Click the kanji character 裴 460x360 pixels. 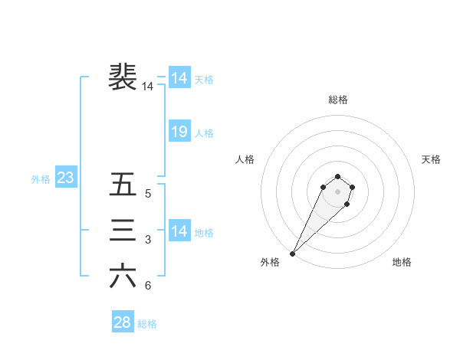(x=123, y=77)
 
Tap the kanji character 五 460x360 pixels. (x=123, y=185)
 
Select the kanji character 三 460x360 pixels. (x=123, y=231)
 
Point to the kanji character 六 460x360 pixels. (x=123, y=277)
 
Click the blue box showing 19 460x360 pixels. (x=179, y=132)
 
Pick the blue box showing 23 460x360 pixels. (x=65, y=178)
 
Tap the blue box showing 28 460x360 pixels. (x=122, y=322)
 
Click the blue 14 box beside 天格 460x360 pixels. (x=179, y=78)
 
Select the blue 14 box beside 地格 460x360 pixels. (x=179, y=231)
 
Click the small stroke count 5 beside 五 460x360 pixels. (x=148, y=195)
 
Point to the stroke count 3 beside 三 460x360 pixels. (x=148, y=241)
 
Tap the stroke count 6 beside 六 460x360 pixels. (x=148, y=286)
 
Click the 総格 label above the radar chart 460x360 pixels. (x=337, y=100)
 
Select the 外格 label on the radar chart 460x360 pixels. (x=270, y=263)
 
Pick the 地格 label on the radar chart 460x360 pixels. (x=402, y=263)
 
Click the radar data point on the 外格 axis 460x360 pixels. (x=293, y=253)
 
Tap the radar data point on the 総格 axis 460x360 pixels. (x=337, y=175)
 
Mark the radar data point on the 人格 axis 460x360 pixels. (x=324, y=186)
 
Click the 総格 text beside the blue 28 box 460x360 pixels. (x=147, y=324)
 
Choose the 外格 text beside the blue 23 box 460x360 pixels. (x=41, y=179)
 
